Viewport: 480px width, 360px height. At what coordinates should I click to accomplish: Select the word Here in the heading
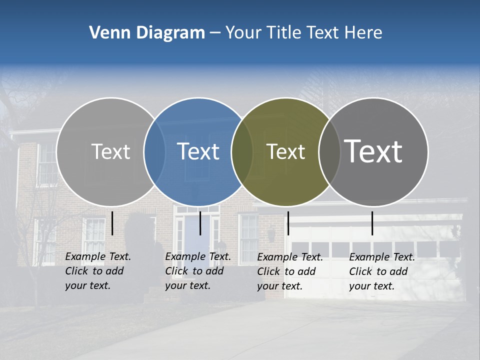coord(363,33)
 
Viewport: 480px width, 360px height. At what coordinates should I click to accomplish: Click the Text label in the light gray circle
coord(110,151)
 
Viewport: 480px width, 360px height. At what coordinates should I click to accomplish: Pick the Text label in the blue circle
coord(198,151)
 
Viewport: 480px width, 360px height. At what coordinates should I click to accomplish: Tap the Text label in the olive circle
coord(285,151)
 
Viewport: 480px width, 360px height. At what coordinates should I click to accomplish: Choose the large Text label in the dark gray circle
coord(373,151)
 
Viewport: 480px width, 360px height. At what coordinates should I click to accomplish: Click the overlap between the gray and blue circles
coord(154,151)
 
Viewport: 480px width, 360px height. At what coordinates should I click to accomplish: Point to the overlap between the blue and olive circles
coord(242,151)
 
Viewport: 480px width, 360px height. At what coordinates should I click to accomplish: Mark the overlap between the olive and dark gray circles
coord(329,151)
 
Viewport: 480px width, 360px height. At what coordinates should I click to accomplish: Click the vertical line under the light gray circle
coord(112,223)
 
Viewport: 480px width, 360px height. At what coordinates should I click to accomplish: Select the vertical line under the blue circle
coord(200,223)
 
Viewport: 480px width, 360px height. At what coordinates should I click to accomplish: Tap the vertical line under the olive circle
coord(288,223)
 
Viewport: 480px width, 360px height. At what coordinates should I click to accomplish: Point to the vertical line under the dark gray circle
coord(372,223)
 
